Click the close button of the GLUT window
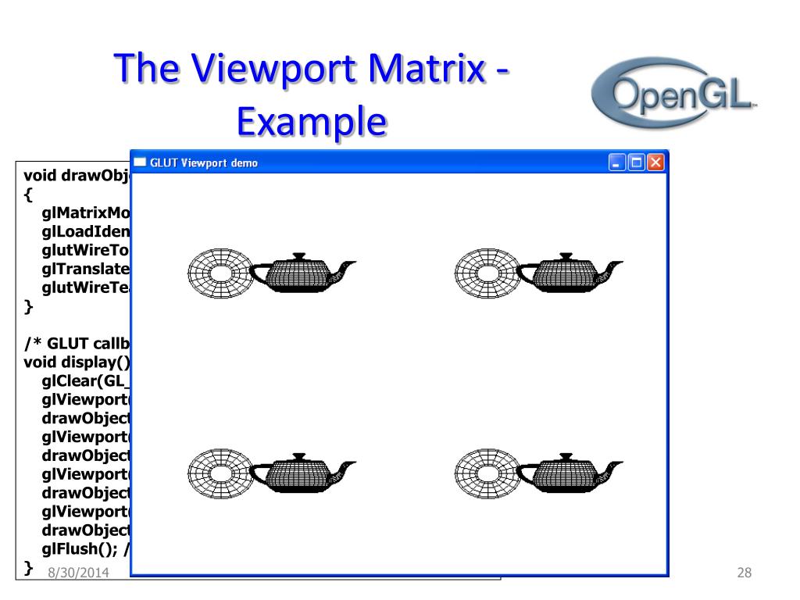pos(655,163)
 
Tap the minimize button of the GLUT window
pos(617,163)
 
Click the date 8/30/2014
pos(77,574)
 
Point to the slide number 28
pos(744,574)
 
